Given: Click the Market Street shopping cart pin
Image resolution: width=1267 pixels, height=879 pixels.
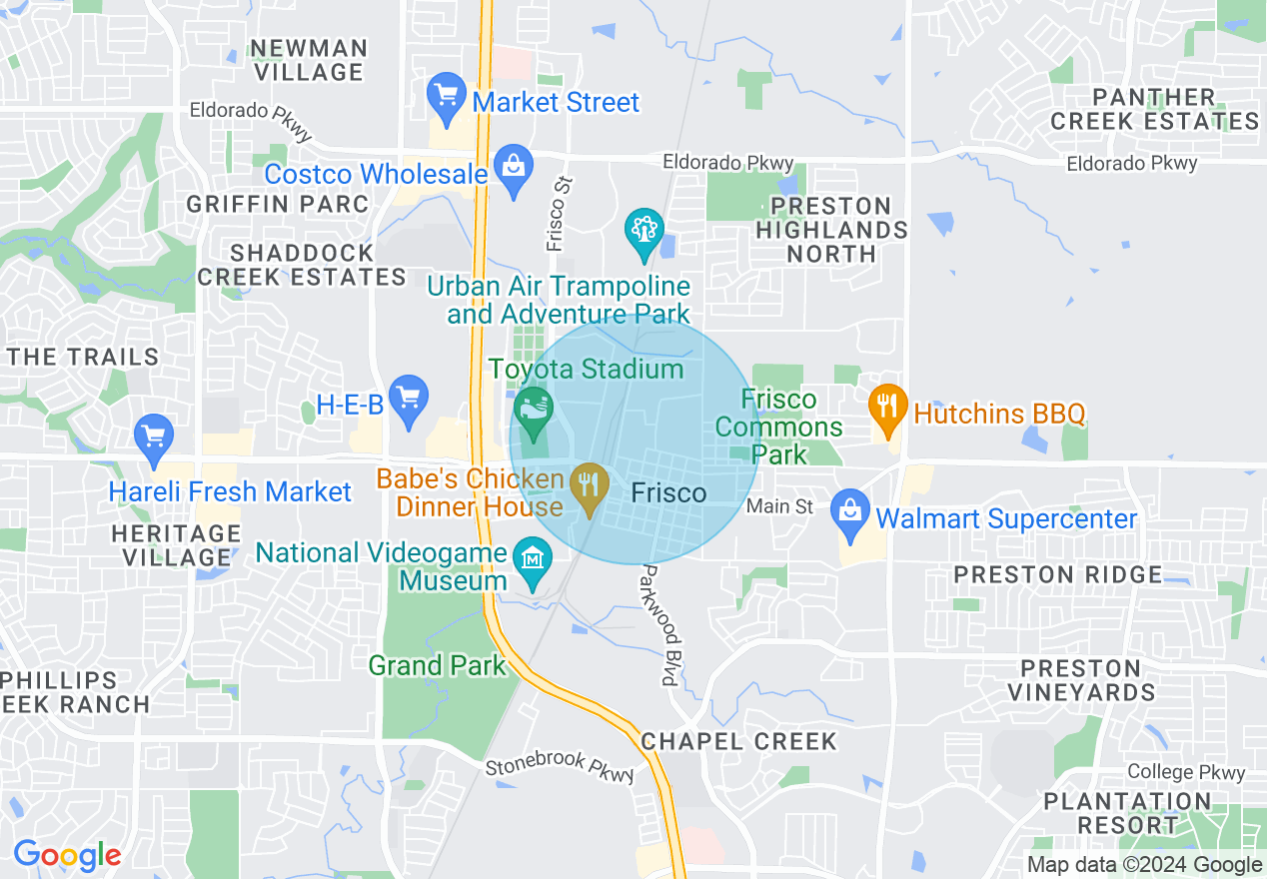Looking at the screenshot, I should pyautogui.click(x=446, y=96).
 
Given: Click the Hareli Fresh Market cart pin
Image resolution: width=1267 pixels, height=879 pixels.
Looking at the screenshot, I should pyautogui.click(x=154, y=437).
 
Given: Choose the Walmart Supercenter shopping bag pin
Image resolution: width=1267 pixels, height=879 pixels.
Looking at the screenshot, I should pyautogui.click(x=849, y=511).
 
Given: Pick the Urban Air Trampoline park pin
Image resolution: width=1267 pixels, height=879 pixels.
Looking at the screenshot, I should pyautogui.click(x=644, y=231).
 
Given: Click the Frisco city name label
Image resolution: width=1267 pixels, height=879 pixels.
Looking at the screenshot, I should pyautogui.click(x=669, y=492).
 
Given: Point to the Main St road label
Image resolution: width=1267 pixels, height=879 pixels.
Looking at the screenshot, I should pyautogui.click(x=780, y=506).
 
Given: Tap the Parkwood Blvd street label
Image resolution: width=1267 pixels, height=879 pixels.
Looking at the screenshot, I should pyautogui.click(x=657, y=624).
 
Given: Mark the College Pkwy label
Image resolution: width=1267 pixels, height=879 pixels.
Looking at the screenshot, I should pyautogui.click(x=1186, y=772).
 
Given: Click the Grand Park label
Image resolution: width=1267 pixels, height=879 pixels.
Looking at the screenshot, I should pyautogui.click(x=438, y=665).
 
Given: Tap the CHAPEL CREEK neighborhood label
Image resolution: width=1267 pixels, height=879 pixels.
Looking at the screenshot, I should pyautogui.click(x=738, y=741).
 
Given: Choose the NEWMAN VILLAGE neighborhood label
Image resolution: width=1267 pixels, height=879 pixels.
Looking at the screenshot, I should pyautogui.click(x=309, y=60).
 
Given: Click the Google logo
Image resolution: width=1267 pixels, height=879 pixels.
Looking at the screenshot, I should pyautogui.click(x=67, y=856).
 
